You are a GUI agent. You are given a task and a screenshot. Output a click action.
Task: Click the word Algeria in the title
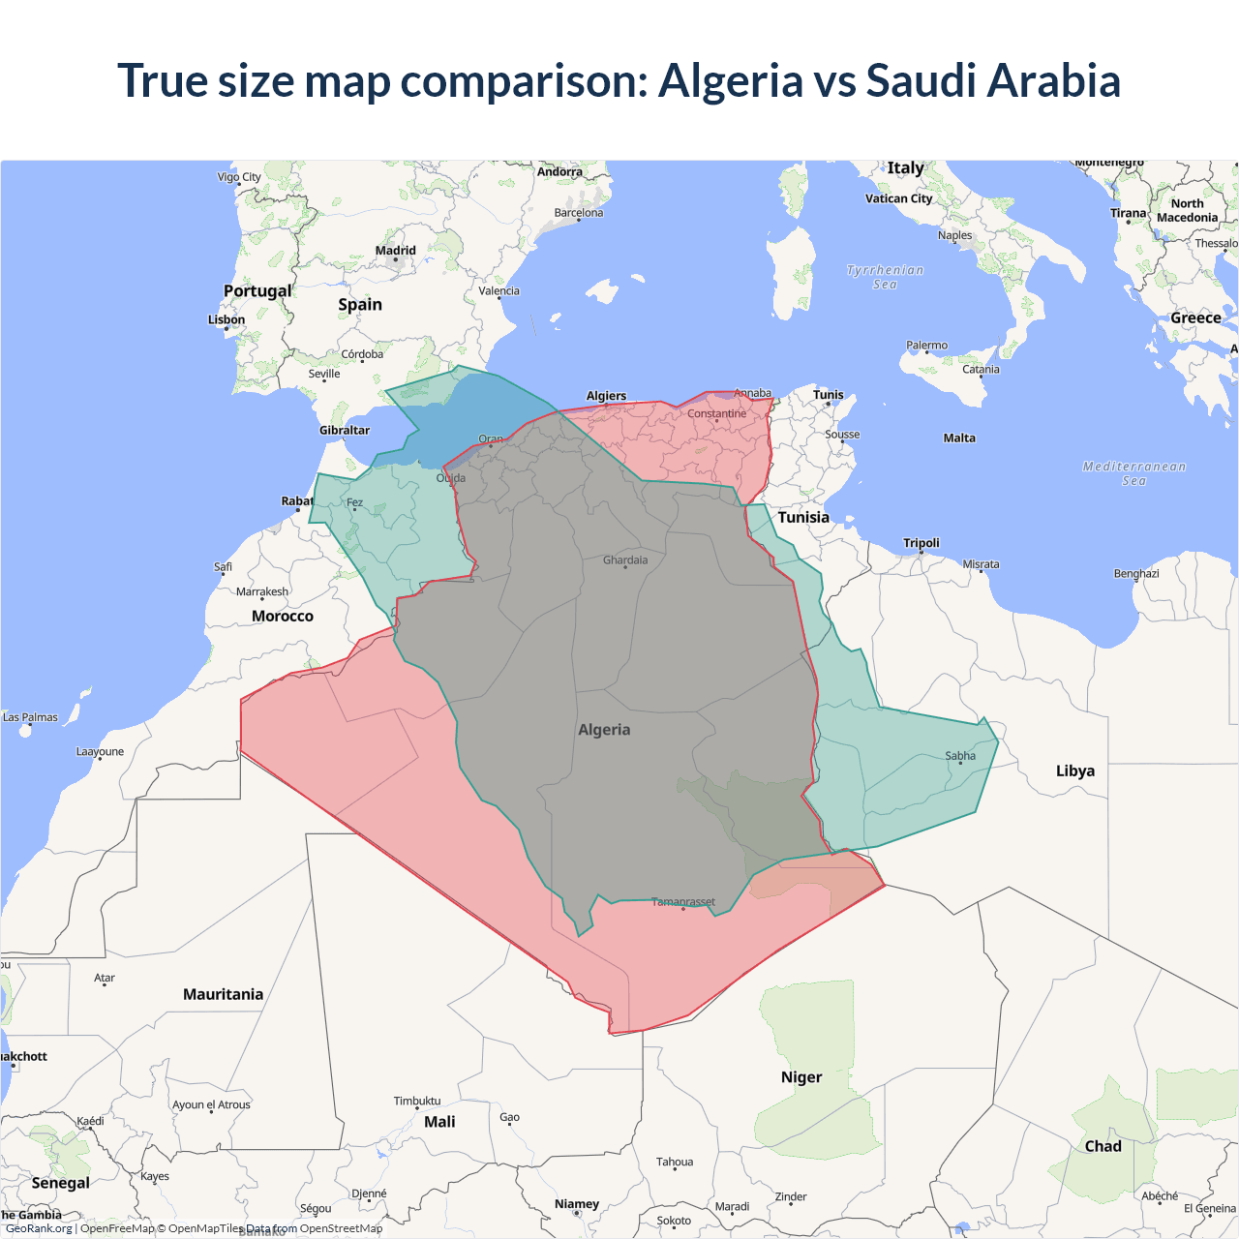click(x=730, y=80)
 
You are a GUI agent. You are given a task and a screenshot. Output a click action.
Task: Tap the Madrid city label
click(x=395, y=251)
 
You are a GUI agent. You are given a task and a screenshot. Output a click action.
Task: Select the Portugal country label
click(x=257, y=291)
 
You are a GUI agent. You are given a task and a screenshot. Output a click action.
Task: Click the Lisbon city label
click(x=227, y=319)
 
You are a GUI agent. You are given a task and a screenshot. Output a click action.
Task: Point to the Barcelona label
click(x=578, y=213)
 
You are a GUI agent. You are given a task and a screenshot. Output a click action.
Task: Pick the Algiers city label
click(x=606, y=396)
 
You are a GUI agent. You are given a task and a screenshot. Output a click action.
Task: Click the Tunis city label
click(x=828, y=395)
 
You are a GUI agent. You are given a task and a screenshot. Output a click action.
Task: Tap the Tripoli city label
click(x=921, y=543)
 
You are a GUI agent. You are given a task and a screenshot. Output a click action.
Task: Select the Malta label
click(x=959, y=438)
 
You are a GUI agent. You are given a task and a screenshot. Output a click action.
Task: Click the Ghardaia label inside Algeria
click(x=625, y=560)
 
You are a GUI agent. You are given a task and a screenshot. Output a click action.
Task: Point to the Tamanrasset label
click(x=682, y=902)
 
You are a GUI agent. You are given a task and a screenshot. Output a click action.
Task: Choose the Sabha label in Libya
click(x=960, y=756)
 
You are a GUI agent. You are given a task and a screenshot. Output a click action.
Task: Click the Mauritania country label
click(x=223, y=995)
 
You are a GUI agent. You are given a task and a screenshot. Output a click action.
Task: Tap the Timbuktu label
click(x=417, y=1102)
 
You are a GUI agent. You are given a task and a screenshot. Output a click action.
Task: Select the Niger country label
click(x=801, y=1077)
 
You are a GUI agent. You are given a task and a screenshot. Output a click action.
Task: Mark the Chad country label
click(x=1103, y=1146)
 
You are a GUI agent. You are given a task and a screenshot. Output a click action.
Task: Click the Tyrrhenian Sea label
click(x=885, y=277)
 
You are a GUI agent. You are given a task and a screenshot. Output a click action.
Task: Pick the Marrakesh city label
click(x=262, y=592)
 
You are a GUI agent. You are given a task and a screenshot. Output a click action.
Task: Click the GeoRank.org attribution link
click(x=39, y=1228)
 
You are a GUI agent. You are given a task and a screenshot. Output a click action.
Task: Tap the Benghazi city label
click(x=1136, y=574)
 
